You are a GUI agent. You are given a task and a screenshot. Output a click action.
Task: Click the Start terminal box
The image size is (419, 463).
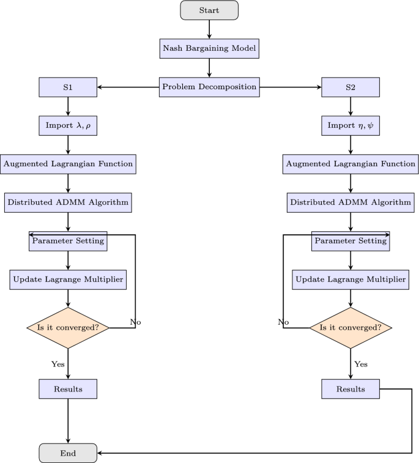(209, 10)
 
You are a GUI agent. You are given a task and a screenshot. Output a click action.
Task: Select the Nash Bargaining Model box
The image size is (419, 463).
(209, 48)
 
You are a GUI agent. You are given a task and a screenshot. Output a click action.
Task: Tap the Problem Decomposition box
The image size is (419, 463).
(209, 87)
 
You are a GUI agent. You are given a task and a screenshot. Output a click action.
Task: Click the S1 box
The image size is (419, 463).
(67, 87)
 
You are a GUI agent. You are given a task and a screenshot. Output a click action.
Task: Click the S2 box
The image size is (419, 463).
(350, 87)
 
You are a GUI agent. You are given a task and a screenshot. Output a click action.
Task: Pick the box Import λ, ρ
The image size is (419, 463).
(67, 125)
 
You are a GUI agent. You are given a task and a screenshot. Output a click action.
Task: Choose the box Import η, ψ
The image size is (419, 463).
(350, 125)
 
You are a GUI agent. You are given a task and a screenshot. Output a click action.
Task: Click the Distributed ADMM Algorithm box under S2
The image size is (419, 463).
(350, 202)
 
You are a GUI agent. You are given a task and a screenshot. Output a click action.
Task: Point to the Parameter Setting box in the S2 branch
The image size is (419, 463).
(350, 241)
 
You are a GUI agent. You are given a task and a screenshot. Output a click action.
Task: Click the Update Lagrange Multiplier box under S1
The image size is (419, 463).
(67, 280)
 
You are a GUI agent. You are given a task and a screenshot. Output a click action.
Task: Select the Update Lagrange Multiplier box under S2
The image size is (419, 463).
(350, 280)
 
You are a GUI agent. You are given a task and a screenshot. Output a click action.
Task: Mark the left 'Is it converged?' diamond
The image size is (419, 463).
(67, 328)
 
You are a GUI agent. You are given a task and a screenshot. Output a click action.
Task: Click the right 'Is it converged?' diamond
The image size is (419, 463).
(350, 328)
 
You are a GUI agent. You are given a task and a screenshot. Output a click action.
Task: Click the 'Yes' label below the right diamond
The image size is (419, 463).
(361, 364)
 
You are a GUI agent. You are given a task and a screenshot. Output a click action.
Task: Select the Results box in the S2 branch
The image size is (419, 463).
(350, 389)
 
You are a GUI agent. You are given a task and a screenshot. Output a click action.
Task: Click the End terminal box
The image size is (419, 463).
(67, 453)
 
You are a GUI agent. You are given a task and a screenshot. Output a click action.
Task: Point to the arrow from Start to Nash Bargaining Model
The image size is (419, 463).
(209, 29)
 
